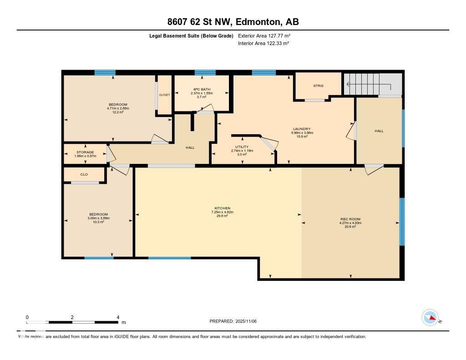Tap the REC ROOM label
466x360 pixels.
(350, 219)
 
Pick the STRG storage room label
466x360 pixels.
(318, 86)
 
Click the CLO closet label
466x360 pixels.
(84, 174)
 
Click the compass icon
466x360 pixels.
(430, 318)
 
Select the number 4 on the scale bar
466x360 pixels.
(118, 317)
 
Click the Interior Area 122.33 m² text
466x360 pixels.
(263, 43)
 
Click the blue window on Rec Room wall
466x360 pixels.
(402, 222)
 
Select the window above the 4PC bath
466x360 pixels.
(205, 72)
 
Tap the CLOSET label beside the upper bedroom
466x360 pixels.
(164, 95)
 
